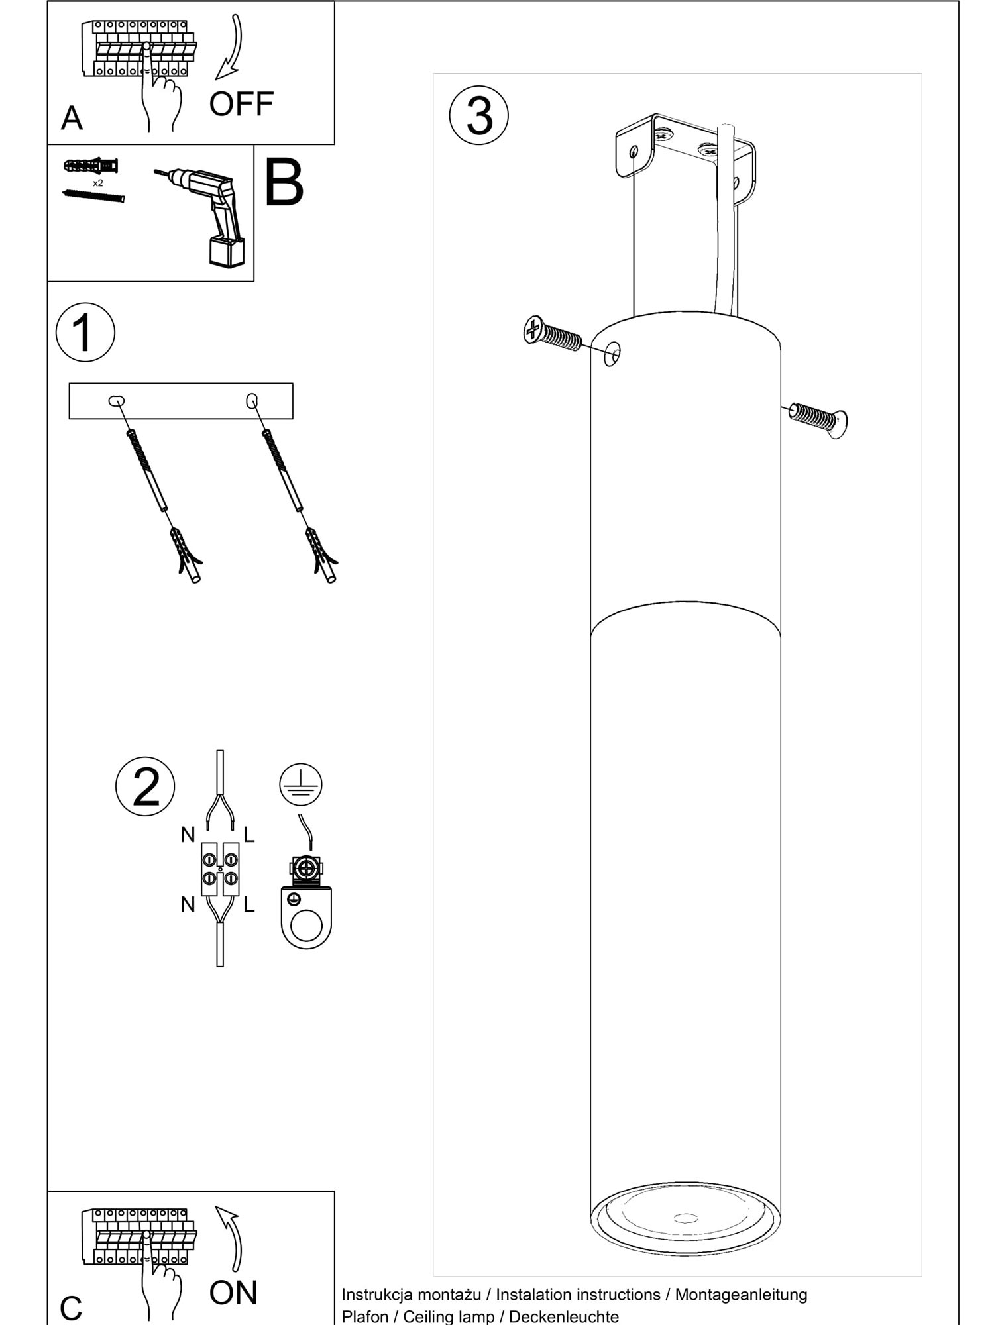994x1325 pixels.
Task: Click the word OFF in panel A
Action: tap(241, 104)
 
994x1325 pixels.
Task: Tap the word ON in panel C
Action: tap(233, 1293)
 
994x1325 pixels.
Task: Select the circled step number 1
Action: tap(85, 332)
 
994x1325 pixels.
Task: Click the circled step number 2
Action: tap(146, 786)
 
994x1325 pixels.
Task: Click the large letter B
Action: tap(284, 183)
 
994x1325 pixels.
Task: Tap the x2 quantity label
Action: tap(98, 183)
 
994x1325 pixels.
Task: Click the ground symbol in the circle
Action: tap(301, 783)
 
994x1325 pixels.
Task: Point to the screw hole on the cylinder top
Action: tap(612, 354)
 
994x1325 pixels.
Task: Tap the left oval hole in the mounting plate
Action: tap(117, 400)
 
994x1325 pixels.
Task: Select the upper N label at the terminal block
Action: tap(188, 835)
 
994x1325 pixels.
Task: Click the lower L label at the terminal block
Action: tap(249, 904)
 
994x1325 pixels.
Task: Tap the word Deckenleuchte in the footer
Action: tap(564, 1317)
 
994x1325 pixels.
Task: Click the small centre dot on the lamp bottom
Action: tap(686, 1218)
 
